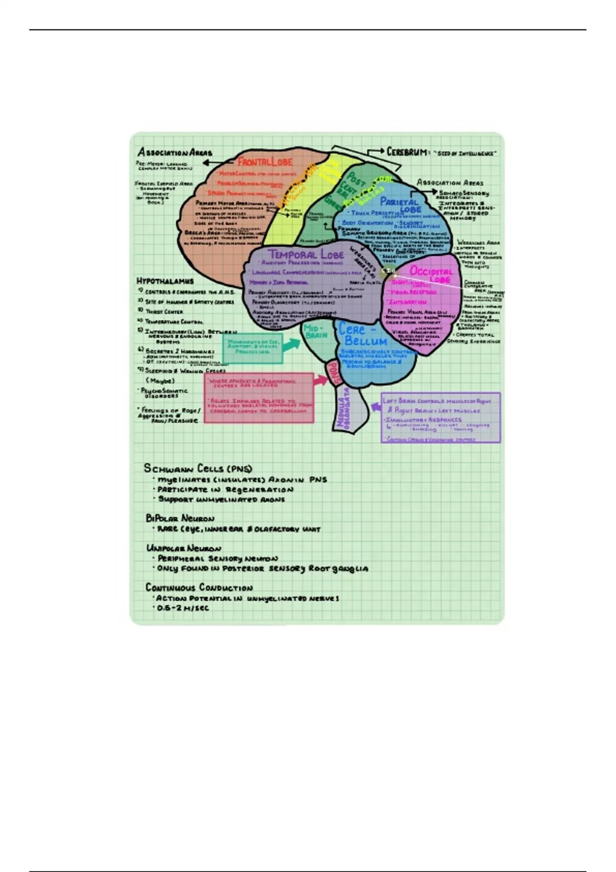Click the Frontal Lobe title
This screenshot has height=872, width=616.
pyautogui.click(x=265, y=162)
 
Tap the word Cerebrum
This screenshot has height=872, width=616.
pyautogui.click(x=407, y=152)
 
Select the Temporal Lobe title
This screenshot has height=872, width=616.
pyautogui.click(x=306, y=254)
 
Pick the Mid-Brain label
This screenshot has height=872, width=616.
pyautogui.click(x=316, y=331)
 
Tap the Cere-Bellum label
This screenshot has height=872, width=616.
pyautogui.click(x=362, y=335)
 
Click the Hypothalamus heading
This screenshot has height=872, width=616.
pyautogui.click(x=165, y=281)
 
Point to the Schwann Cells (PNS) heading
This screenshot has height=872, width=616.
pyautogui.click(x=198, y=468)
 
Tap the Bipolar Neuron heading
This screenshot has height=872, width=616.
pyautogui.click(x=180, y=518)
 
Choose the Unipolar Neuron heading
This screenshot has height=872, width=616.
pyautogui.click(x=184, y=548)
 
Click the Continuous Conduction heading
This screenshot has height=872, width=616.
pyautogui.click(x=199, y=587)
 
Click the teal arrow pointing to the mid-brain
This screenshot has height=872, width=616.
pyautogui.click(x=291, y=344)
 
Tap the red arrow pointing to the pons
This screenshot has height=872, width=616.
pyautogui.click(x=320, y=380)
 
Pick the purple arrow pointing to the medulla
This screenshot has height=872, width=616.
pyautogui.click(x=376, y=407)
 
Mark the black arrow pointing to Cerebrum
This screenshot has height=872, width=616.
pyautogui.click(x=376, y=151)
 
